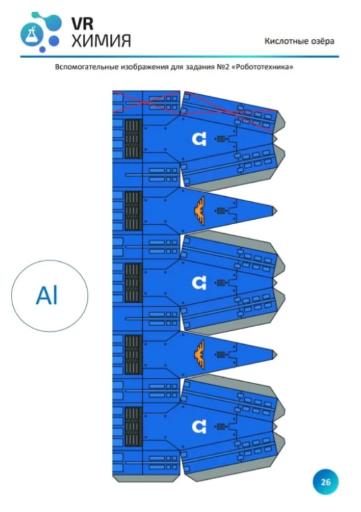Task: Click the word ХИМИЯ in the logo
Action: click(102, 41)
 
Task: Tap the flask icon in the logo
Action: click(31, 34)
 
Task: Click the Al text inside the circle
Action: click(47, 296)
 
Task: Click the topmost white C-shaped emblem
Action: click(199, 139)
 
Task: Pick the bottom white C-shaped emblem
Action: click(199, 427)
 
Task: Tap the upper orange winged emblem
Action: click(199, 211)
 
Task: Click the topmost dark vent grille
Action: click(134, 139)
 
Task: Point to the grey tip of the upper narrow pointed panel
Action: click(275, 211)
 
